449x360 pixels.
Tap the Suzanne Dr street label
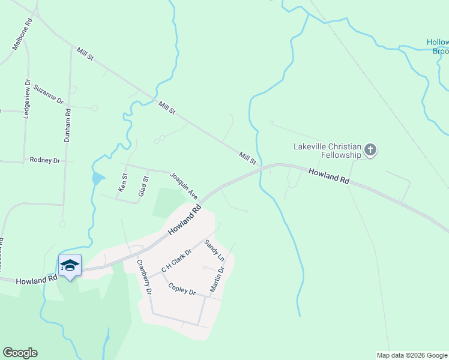click(x=48, y=94)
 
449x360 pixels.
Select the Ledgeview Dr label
click(x=26, y=99)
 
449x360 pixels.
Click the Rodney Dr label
click(x=45, y=160)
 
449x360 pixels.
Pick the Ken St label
click(x=123, y=183)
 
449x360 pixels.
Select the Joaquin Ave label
click(x=183, y=185)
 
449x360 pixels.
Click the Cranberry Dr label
click(x=143, y=277)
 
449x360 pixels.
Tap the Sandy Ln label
click(x=214, y=250)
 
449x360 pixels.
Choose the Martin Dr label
click(x=217, y=280)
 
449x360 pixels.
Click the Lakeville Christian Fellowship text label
click(x=327, y=151)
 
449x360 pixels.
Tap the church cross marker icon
click(x=370, y=150)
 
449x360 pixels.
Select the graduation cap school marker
click(x=70, y=265)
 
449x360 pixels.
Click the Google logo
click(x=20, y=353)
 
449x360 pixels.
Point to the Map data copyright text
click(x=411, y=355)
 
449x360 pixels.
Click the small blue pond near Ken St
click(x=97, y=178)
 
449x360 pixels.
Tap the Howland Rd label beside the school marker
click(x=36, y=280)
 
